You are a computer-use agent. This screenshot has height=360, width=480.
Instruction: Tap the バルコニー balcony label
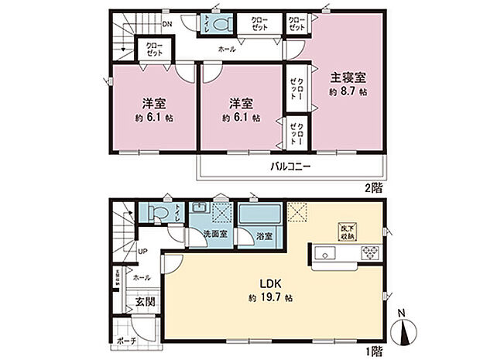pos(290,166)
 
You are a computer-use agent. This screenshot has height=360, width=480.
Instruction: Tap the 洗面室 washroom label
pos(215,234)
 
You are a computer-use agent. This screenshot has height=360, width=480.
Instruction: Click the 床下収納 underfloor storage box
pos(346,231)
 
